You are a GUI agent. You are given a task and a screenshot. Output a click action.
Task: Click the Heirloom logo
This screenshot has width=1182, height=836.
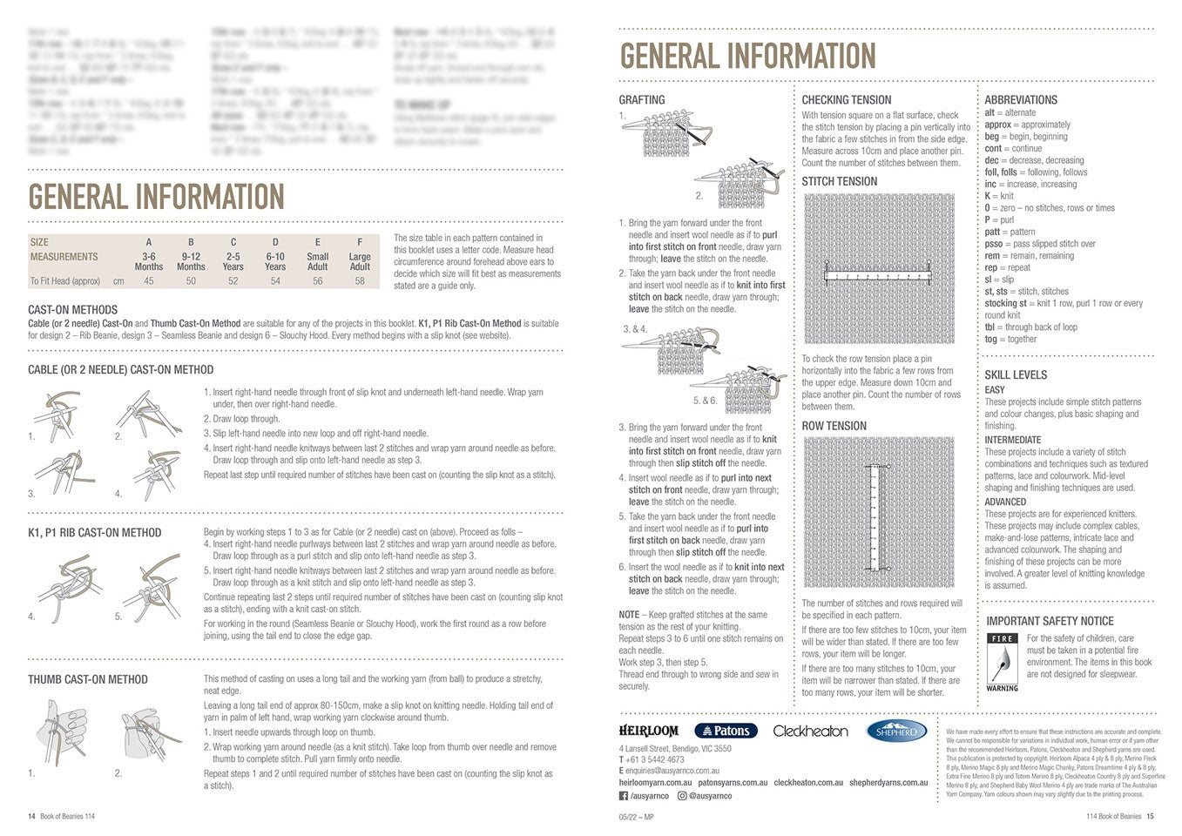pyautogui.click(x=649, y=731)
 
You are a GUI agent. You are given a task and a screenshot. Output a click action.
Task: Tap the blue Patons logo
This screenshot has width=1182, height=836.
pyautogui.click(x=726, y=731)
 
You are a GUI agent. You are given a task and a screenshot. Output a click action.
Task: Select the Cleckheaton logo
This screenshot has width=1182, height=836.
pyautogui.click(x=810, y=731)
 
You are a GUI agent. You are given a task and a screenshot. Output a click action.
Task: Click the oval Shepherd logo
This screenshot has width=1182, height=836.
pyautogui.click(x=897, y=731)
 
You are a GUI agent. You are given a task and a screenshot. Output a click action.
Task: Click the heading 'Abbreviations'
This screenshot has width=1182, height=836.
pyautogui.click(x=1021, y=100)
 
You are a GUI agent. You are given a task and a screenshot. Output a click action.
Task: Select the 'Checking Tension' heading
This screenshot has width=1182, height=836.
pyautogui.click(x=846, y=100)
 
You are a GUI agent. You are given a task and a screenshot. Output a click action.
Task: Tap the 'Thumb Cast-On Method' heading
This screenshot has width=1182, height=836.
pyautogui.click(x=88, y=679)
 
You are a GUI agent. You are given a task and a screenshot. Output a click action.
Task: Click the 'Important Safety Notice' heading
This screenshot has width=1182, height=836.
pyautogui.click(x=1050, y=621)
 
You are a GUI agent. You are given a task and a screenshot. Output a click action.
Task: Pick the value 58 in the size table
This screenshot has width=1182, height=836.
pyautogui.click(x=360, y=281)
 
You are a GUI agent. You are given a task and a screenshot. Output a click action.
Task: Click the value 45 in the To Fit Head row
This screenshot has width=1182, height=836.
pyautogui.click(x=149, y=281)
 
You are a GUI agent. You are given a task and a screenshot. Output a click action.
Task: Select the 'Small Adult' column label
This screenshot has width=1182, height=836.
pyautogui.click(x=318, y=261)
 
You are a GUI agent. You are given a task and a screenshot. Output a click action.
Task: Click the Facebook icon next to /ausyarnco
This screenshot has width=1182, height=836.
pyautogui.click(x=624, y=795)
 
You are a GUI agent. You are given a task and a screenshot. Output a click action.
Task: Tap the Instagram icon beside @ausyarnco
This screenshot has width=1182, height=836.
pyautogui.click(x=683, y=795)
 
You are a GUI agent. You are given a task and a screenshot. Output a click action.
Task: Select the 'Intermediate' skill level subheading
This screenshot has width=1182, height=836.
pyautogui.click(x=1013, y=440)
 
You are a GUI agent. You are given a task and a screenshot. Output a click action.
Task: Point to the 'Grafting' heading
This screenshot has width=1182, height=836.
pyautogui.click(x=642, y=100)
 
